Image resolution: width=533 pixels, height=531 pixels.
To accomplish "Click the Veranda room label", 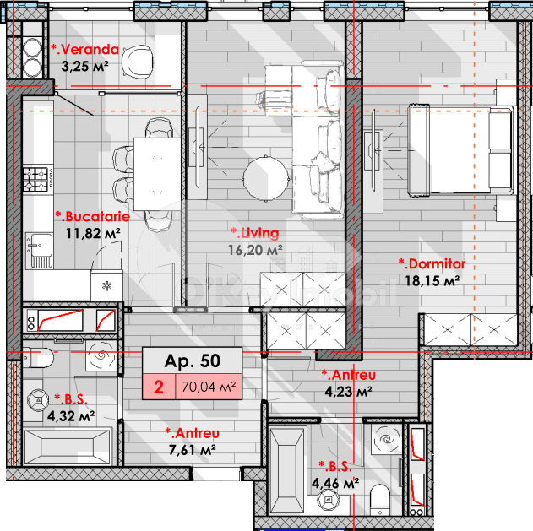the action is click(x=85, y=50).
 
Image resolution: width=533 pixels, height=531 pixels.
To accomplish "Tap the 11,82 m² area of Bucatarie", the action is click(x=93, y=233).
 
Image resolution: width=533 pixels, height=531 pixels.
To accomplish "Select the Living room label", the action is click(x=255, y=233).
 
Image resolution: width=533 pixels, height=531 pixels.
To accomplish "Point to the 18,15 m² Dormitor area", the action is click(x=432, y=280).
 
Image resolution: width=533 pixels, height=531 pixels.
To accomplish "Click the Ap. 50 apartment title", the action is click(x=193, y=360).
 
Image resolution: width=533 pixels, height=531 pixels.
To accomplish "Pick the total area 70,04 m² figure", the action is click(x=209, y=387).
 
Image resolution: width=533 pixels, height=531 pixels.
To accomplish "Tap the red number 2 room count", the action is click(x=159, y=387).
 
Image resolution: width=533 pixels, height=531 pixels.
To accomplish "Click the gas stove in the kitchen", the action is click(x=38, y=179).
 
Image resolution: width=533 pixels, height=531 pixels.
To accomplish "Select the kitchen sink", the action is click(x=40, y=251).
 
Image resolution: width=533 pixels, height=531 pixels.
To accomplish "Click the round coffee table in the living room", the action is click(x=266, y=178).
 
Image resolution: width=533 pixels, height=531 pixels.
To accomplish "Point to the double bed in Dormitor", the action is click(x=460, y=149).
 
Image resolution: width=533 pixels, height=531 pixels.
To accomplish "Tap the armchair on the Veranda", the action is click(x=138, y=61).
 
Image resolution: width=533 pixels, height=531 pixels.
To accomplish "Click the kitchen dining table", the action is click(x=157, y=174).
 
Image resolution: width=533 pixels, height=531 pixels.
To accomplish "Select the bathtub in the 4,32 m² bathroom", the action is click(x=68, y=447).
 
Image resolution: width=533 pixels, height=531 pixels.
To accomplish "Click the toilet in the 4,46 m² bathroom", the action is click(x=380, y=499).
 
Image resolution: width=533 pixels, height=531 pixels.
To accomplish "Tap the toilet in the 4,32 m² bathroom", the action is click(x=38, y=357).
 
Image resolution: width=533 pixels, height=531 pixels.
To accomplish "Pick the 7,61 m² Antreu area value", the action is click(x=193, y=450).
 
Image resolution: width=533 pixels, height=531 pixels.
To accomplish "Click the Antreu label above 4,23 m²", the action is click(x=349, y=375).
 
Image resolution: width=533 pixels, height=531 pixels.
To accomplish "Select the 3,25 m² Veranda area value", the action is click(x=85, y=66).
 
